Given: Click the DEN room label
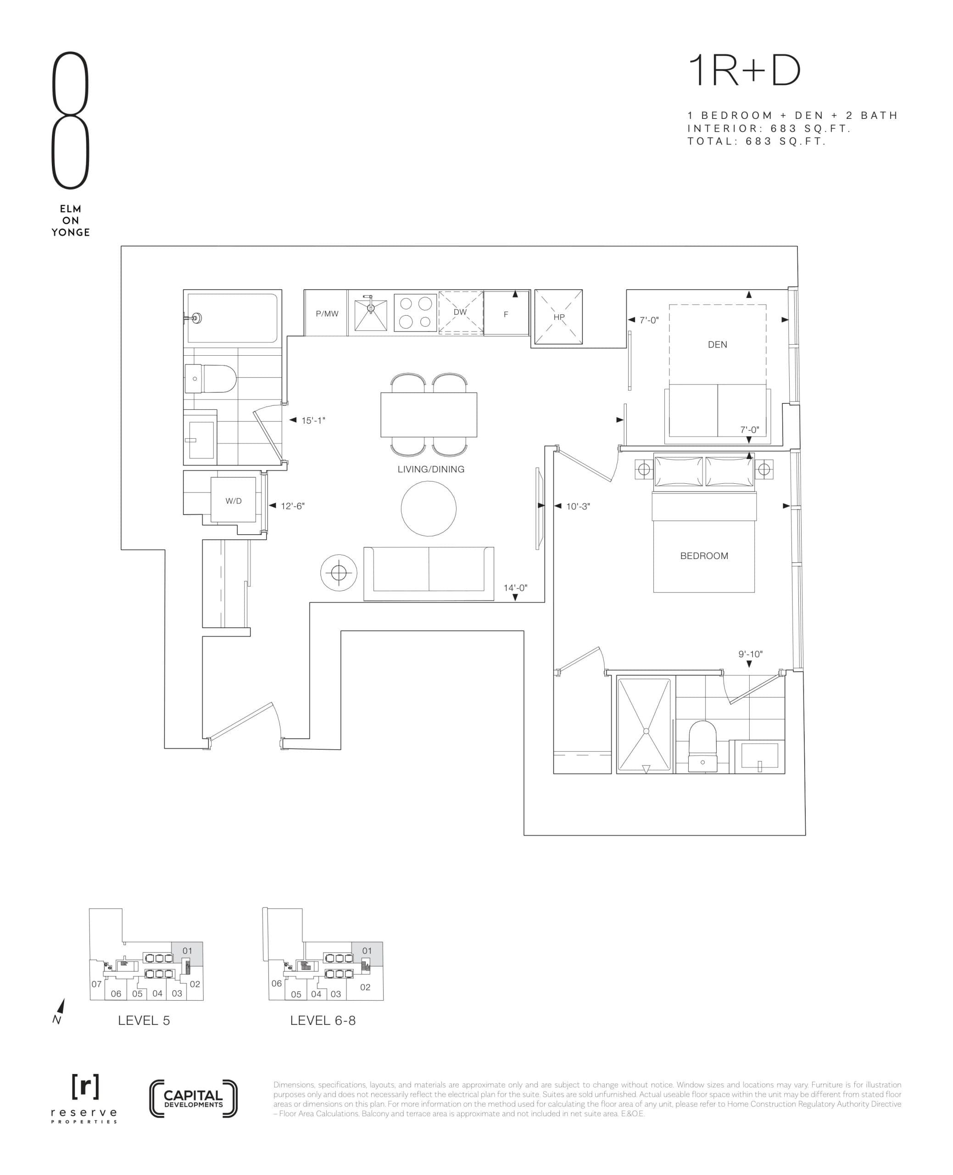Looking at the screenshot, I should pos(717,344).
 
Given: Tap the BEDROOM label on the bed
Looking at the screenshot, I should pos(704,556).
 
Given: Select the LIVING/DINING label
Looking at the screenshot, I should pos(430,469).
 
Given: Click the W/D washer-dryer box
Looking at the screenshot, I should pos(233,500).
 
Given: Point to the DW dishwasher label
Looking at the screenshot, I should pos(460,312).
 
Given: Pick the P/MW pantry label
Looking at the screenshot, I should pos(327,313).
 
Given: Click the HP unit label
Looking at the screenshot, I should pos(559,317).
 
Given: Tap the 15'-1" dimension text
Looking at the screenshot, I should pos(313,420).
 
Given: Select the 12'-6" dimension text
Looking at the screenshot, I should pos(293,506).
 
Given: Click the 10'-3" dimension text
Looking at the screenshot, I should pos(578,506).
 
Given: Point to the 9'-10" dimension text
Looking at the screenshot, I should pos(750,654).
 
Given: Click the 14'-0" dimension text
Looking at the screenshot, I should pos(515,587).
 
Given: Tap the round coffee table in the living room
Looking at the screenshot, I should pos(428,509).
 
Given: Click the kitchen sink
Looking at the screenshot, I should pos(371,314).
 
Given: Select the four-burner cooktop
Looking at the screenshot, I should pos(415,313).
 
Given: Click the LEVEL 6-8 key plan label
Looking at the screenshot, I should pos(323,1020).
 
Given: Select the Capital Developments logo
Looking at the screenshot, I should pos(193,1098).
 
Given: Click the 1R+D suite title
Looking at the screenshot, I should pos(744,72).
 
